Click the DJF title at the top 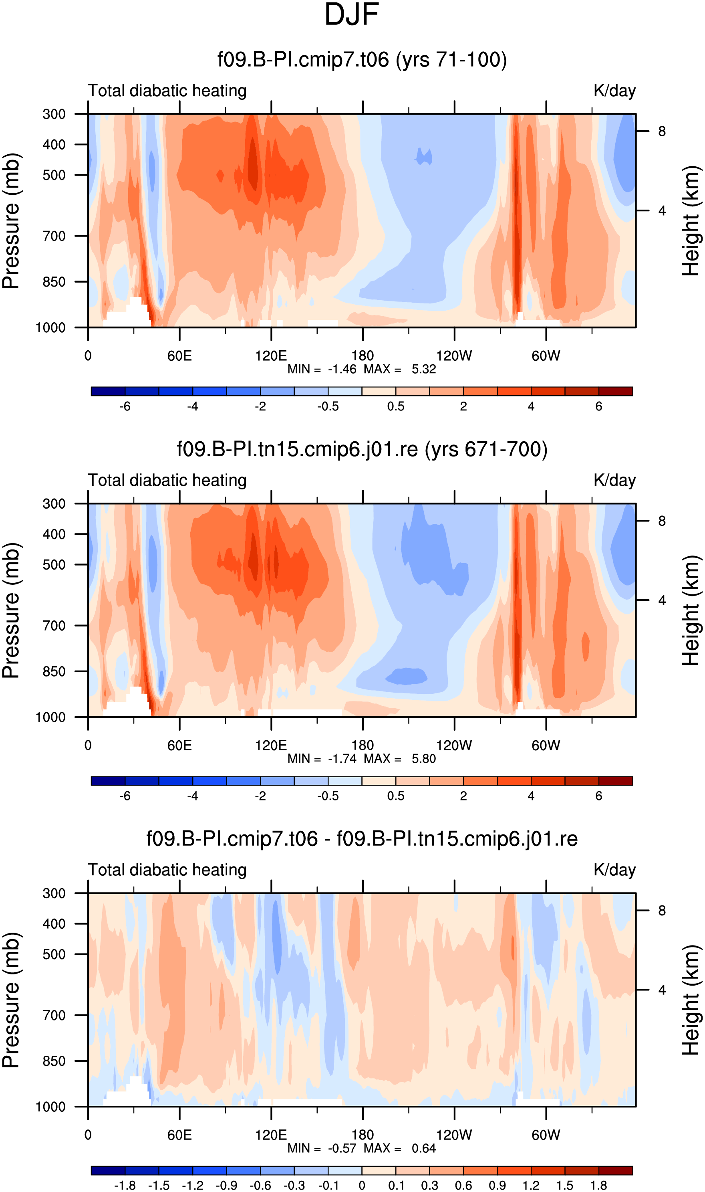point(352,14)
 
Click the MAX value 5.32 point(424,369)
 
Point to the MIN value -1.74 point(342,759)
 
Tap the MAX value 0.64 point(424,1149)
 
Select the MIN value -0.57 point(342,1149)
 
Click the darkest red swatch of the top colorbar point(616,391)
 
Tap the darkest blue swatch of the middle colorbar point(108,781)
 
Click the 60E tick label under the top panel point(179,356)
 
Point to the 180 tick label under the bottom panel point(363,1135)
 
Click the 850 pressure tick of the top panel point(54,282)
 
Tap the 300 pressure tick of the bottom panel point(54,893)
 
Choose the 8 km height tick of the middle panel point(662,521)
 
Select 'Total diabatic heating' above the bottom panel point(167,870)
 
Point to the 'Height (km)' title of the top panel point(692,221)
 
